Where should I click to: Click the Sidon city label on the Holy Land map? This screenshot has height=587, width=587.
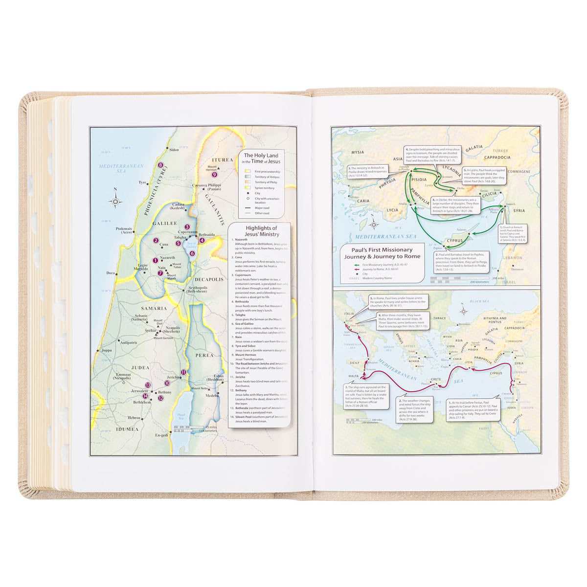pos(174,150)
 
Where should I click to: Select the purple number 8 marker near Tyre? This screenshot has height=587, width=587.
pos(160,165)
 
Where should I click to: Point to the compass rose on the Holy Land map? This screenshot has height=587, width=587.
pos(116,201)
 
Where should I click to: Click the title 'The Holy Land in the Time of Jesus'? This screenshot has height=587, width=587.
pos(262,158)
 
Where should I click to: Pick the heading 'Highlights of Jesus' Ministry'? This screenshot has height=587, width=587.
pos(262,231)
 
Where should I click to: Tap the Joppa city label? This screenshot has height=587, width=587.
pos(106,350)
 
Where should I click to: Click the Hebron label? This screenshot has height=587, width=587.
pos(134,418)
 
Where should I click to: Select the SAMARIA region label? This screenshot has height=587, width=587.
pos(154,309)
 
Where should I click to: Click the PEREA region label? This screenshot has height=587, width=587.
pos(204,355)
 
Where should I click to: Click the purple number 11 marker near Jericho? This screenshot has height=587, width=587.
pos(183,372)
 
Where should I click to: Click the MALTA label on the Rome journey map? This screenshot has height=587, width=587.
pos(353,376)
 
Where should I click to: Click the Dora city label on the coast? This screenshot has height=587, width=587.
pos(111,273)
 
